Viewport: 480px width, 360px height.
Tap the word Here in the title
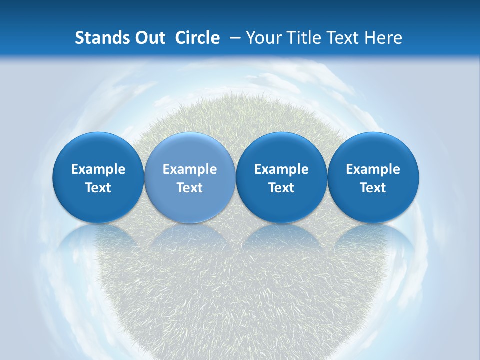click(x=383, y=38)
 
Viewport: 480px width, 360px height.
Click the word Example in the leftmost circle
click(x=98, y=169)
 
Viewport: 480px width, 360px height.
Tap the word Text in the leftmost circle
click(x=98, y=188)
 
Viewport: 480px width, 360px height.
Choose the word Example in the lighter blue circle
click(x=190, y=169)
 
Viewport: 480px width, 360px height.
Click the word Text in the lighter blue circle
click(x=190, y=188)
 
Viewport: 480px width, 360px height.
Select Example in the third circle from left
click(x=281, y=169)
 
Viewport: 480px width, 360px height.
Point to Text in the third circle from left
click(x=281, y=188)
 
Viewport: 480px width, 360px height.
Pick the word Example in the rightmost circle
click(x=373, y=169)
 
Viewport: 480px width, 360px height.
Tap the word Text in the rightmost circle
click(x=373, y=188)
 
